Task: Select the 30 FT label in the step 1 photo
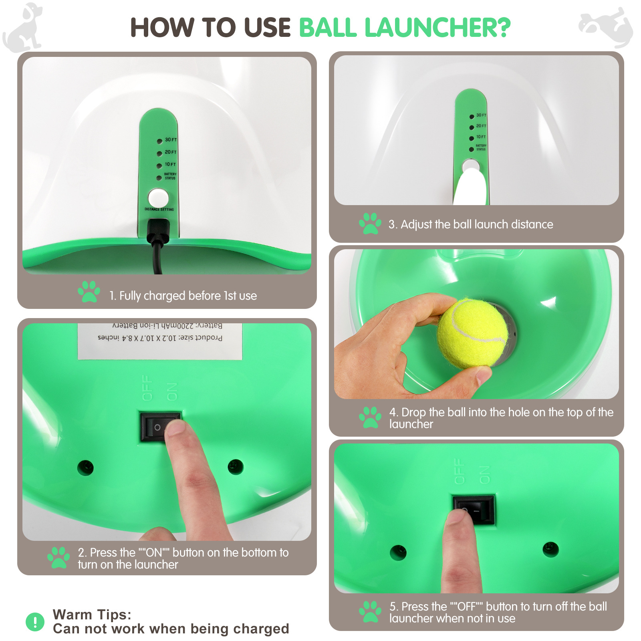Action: point(170,140)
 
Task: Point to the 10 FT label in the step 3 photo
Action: point(481,137)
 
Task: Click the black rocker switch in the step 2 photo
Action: point(159,427)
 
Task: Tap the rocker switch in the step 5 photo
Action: point(474,510)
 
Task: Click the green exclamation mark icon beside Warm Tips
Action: point(35,622)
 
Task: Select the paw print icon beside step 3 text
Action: point(370,224)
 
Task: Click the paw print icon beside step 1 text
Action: point(89,292)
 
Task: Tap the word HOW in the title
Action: point(162,28)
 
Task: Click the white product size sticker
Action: point(160,341)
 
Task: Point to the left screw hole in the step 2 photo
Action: point(85,468)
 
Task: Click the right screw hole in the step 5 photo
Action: point(550,549)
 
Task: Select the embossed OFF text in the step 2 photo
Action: point(147,388)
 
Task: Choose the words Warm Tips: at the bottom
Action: point(92,615)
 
